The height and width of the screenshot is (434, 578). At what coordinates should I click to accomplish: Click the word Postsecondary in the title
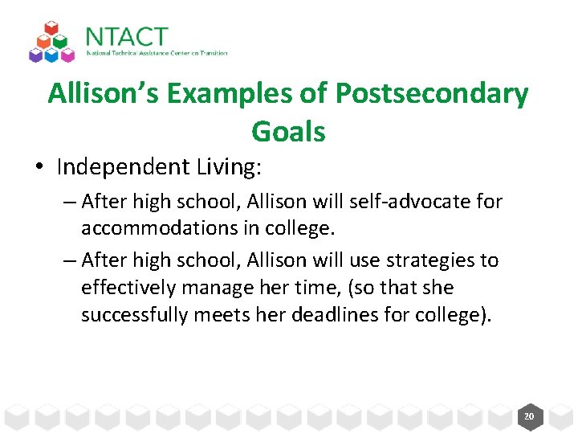(432, 94)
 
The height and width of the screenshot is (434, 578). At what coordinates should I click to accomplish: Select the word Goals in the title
(288, 131)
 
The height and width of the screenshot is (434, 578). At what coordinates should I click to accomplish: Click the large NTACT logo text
(126, 37)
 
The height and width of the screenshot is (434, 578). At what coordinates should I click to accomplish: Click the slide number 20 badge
(528, 416)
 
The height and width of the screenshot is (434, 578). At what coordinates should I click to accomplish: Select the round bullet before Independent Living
(39, 167)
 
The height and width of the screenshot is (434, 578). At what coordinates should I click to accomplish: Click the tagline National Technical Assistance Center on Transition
(157, 54)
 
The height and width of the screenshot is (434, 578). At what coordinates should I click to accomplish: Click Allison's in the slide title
(105, 94)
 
